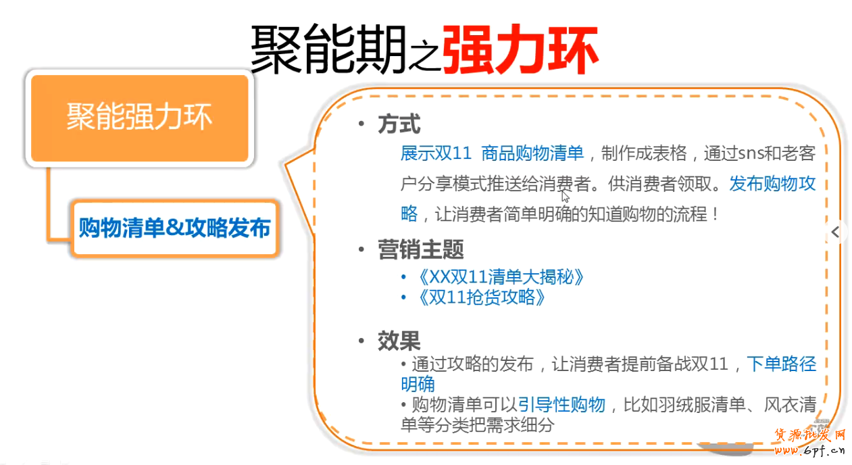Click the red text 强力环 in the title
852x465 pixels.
coord(520,49)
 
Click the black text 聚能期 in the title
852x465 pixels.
coord(328,51)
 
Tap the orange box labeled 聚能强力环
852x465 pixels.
coord(140,118)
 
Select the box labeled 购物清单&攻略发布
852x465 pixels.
coord(174,228)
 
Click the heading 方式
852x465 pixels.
coord(399,124)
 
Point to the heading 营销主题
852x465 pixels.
coord(420,250)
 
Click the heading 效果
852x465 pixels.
coord(399,341)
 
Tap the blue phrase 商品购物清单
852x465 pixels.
coord(532,153)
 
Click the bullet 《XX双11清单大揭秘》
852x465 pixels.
coord(499,277)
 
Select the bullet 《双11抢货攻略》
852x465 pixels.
coord(480,297)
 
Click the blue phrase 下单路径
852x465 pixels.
coord(782,364)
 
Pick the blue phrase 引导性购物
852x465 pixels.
coord(561,405)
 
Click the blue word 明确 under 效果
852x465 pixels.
coord(418,385)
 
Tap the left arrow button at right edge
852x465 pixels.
coord(836,232)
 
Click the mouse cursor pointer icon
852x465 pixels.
coord(566,197)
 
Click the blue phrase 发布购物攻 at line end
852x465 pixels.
coord(772,184)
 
